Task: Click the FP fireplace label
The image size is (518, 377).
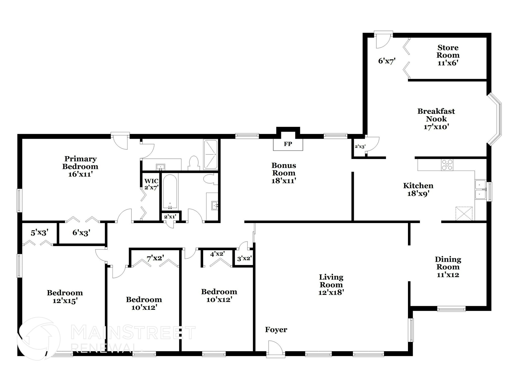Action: coord(288,144)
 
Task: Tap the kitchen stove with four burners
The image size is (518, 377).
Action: coord(447,165)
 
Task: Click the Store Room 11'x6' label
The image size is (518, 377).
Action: coord(448,55)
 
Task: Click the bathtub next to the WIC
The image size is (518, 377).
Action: coord(170,192)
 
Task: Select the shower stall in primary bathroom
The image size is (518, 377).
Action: coord(210,154)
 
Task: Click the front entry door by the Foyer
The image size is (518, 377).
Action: coord(275,350)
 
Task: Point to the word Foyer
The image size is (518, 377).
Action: coord(276,330)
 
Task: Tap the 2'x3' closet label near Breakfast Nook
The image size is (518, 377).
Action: coord(360,146)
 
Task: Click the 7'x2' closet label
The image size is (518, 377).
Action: coord(155,258)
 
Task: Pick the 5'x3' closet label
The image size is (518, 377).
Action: coord(39,232)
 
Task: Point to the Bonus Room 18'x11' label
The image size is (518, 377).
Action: coord(284,173)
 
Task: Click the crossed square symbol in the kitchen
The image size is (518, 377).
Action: coord(464,214)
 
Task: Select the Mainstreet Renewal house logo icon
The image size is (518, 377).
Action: coord(38,338)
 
